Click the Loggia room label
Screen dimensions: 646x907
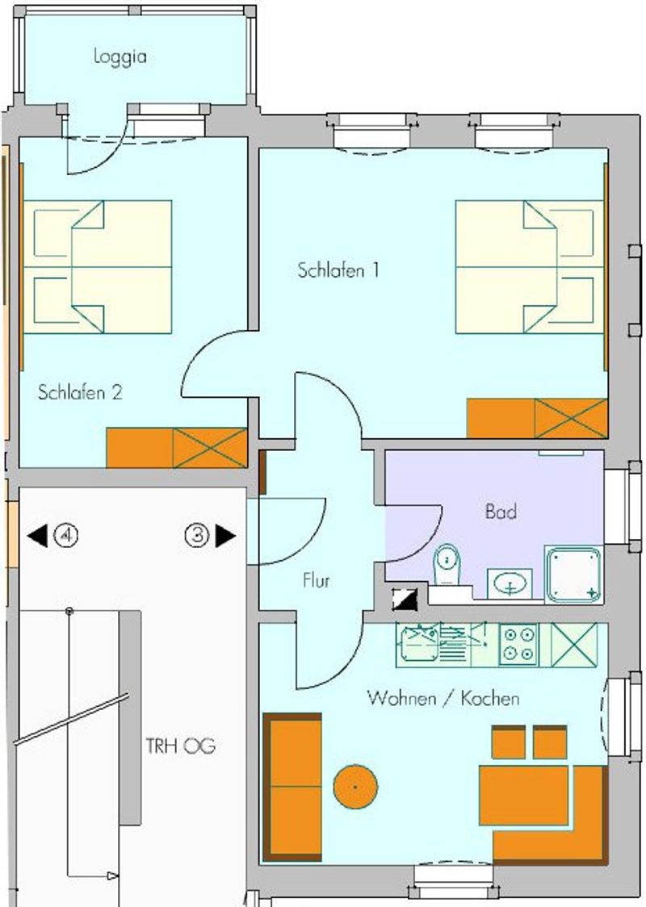pyautogui.click(x=120, y=56)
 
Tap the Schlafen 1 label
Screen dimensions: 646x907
pyautogui.click(x=338, y=270)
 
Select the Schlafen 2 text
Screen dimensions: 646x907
pyautogui.click(x=80, y=392)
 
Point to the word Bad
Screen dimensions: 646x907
pyautogui.click(x=501, y=512)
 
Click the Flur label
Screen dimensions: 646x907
pyautogui.click(x=316, y=580)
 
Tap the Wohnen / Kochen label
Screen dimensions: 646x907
pyautogui.click(x=443, y=698)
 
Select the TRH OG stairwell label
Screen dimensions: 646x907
pyautogui.click(x=180, y=746)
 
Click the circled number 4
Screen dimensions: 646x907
pyautogui.click(x=66, y=535)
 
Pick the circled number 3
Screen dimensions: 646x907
pyautogui.click(x=197, y=535)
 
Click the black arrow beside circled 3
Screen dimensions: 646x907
pyautogui.click(x=224, y=535)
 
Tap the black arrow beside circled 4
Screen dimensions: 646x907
pyautogui.click(x=38, y=535)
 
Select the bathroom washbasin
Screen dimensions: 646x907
pyautogui.click(x=510, y=583)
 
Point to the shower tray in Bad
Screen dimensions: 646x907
pyautogui.click(x=573, y=574)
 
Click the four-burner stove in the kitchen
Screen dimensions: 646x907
pyautogui.click(x=518, y=645)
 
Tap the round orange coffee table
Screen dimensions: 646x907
pyautogui.click(x=355, y=787)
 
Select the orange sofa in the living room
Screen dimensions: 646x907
pyautogui.click(x=292, y=787)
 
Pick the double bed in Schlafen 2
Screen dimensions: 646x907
pyautogui.click(x=98, y=266)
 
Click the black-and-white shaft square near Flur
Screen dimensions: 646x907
pyautogui.click(x=405, y=600)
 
